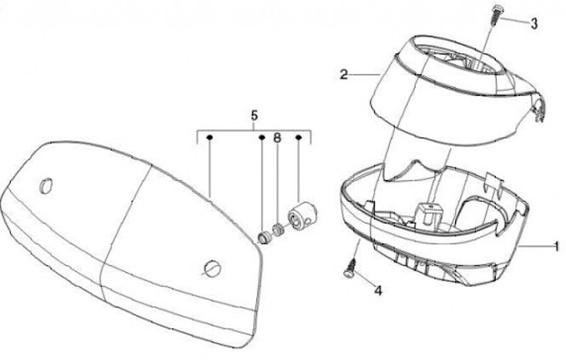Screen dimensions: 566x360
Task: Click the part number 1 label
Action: coord(556,246)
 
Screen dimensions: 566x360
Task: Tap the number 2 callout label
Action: coord(344,75)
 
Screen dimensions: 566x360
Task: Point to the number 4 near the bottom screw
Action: coord(378,290)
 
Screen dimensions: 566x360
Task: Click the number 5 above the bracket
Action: coord(254,116)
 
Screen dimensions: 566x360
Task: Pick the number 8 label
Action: coord(277,138)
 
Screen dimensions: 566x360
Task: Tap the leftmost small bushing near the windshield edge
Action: coord(263,237)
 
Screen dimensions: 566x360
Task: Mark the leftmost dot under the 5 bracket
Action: coord(210,138)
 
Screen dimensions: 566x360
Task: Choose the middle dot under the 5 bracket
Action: coord(262,138)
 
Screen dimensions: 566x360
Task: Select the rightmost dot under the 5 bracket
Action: coord(300,138)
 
